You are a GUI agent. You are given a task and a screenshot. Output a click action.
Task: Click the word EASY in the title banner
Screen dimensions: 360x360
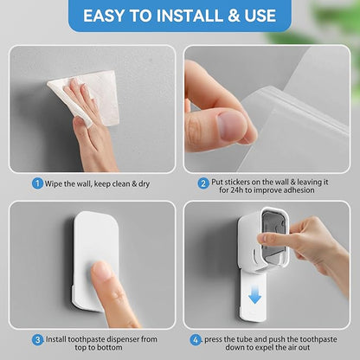[x=106, y=16]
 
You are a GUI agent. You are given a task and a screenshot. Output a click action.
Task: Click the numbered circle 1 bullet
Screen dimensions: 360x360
[x=38, y=183]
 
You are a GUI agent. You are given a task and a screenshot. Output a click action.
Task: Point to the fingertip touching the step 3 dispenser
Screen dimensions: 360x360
[x=101, y=273]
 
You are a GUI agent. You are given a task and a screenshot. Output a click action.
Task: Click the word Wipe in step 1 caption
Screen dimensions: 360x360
[x=55, y=183]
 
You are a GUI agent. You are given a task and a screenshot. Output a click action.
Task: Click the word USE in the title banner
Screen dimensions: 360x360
[x=260, y=16]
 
